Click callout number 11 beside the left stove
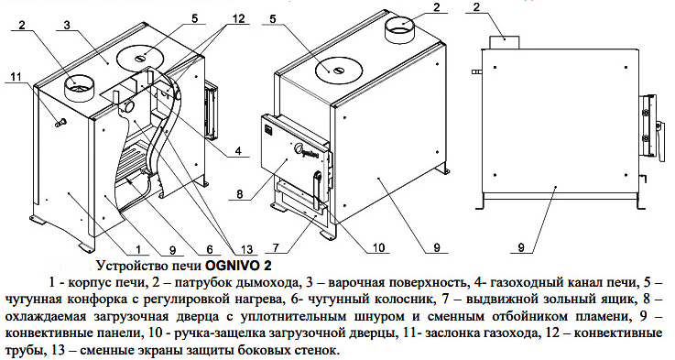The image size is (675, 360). tap(16, 77)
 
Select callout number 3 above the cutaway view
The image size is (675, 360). tap(66, 25)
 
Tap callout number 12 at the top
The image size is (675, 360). tap(237, 19)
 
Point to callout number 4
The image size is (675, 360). tap(237, 151)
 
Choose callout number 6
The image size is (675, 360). tap(210, 249)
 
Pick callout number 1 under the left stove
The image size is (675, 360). tap(137, 249)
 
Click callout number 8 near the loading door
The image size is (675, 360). tap(240, 194)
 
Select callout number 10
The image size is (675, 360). tap(378, 247)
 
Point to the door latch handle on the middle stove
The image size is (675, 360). tap(318, 189)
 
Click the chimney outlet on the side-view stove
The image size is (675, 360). tap(504, 42)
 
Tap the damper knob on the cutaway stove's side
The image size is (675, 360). tap(60, 124)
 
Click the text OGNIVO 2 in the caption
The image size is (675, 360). tap(239, 266)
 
